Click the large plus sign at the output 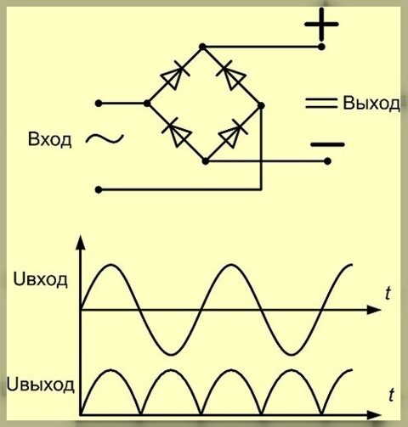[321, 25]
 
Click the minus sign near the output [327, 144]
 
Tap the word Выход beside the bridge [371, 104]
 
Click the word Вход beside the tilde [49, 139]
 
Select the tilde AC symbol [105, 138]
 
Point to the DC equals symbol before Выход [321, 103]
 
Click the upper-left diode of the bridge [173, 76]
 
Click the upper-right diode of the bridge [232, 76]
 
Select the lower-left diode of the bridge [176, 132]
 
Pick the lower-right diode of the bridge [233, 133]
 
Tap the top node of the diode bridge [202, 47]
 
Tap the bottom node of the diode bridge [206, 161]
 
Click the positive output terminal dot [321, 47]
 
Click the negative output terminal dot [327, 161]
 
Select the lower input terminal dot [99, 189]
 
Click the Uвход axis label [41, 280]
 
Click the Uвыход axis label [40, 385]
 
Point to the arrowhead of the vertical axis [81, 243]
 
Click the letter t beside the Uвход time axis [388, 293]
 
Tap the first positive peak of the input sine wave [111, 265]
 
